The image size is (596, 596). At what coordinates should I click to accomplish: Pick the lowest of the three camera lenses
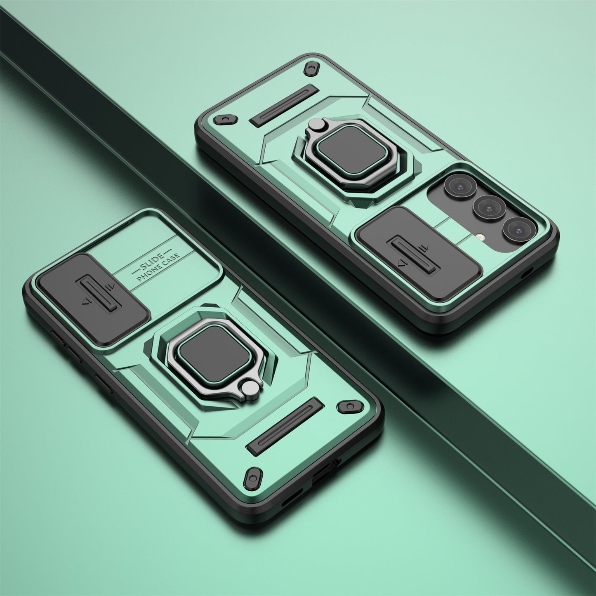tap(518, 229)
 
